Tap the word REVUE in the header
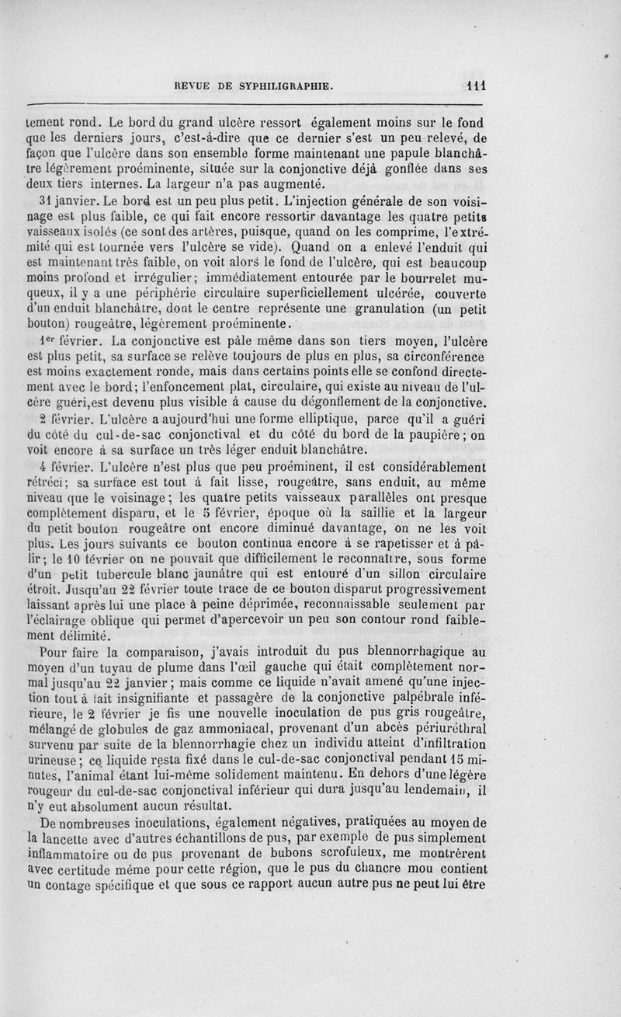point(196,87)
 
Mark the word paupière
point(430,452)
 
